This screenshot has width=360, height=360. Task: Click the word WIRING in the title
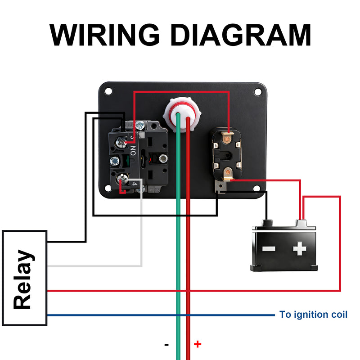pyautogui.click(x=104, y=34)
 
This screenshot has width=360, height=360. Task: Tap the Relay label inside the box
pyautogui.click(x=23, y=279)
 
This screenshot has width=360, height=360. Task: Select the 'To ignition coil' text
pyautogui.click(x=313, y=315)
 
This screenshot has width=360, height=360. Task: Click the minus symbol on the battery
pyautogui.click(x=269, y=249)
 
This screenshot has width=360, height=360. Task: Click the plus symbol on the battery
pyautogui.click(x=299, y=249)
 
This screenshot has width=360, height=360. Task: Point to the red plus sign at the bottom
pyautogui.click(x=198, y=344)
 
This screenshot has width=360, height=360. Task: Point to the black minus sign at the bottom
pyautogui.click(x=166, y=345)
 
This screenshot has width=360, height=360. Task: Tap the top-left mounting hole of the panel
pyautogui.click(x=108, y=91)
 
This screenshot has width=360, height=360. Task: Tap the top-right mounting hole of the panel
pyautogui.click(x=257, y=92)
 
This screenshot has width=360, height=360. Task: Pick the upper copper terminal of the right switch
pyautogui.click(x=229, y=132)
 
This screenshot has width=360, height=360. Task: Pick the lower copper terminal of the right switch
pyautogui.click(x=229, y=172)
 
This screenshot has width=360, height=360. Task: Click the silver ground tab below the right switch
pyautogui.click(x=220, y=186)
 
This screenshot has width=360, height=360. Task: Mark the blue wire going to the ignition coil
pyautogui.click(x=157, y=315)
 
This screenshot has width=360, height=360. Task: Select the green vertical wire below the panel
pyautogui.click(x=179, y=270)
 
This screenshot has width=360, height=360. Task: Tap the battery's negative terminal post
pyautogui.click(x=267, y=223)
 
